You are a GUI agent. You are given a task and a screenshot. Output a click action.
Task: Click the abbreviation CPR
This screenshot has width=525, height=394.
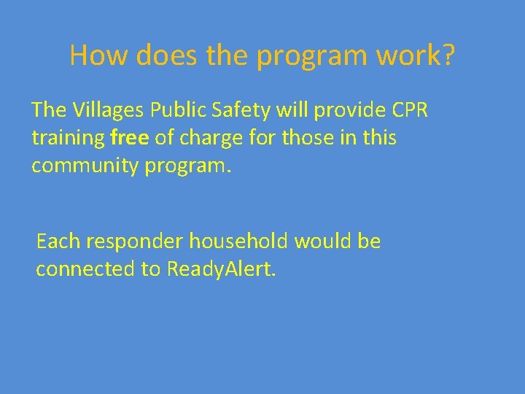click(410, 110)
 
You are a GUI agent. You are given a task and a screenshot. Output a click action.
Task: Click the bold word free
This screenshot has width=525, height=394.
click(131, 138)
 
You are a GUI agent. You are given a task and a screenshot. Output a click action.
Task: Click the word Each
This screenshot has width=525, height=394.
click(61, 241)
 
